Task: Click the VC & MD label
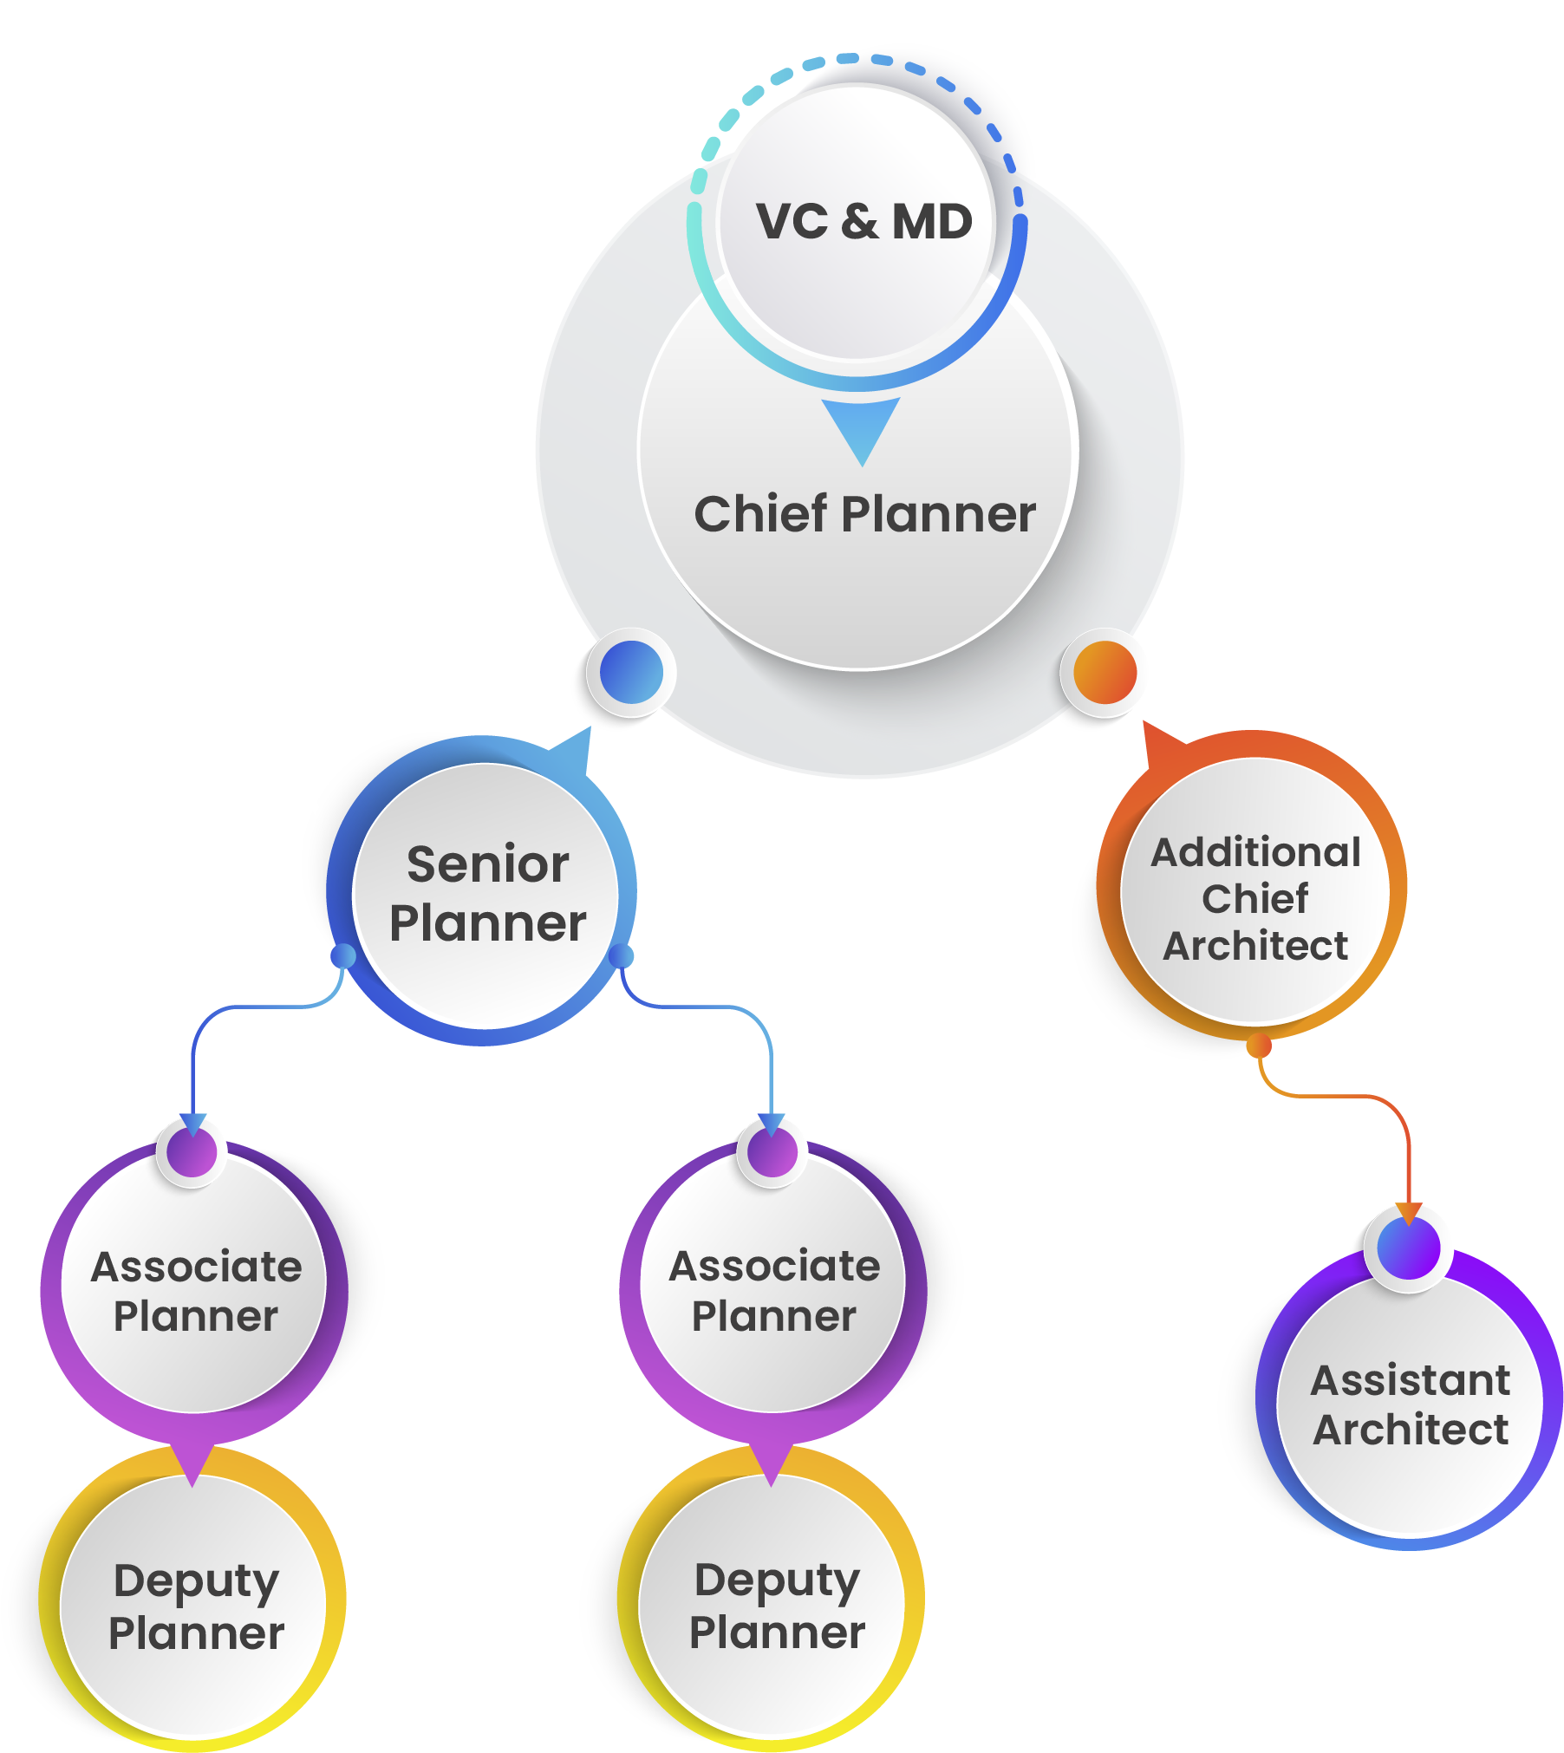coord(863,222)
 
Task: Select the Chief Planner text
coord(864,514)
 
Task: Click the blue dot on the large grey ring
coord(631,672)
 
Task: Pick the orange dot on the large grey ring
coord(1105,672)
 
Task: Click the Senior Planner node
coord(486,894)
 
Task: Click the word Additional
coord(1255,852)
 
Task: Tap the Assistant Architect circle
coord(1410,1404)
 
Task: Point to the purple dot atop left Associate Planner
coord(192,1152)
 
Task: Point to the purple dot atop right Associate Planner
coord(772,1152)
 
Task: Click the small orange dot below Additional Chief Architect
coord(1259,1046)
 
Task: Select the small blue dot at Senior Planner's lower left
coord(343,956)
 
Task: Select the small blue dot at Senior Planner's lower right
coord(622,956)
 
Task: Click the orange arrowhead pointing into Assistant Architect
coord(1409,1213)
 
